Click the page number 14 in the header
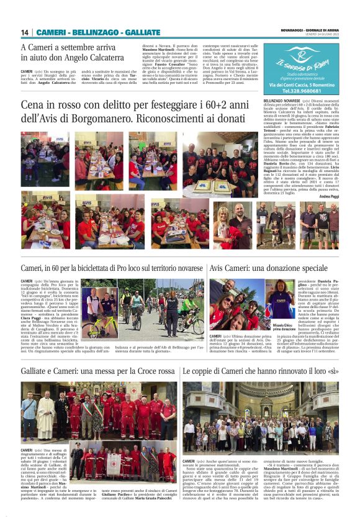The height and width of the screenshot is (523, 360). [25, 32]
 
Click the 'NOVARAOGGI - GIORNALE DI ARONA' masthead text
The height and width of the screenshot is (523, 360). [309, 29]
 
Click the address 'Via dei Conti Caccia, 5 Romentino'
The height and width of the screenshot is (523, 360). [296, 83]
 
